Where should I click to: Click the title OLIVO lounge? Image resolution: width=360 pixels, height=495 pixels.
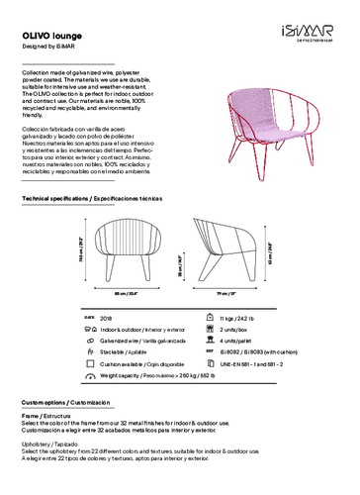click(51, 35)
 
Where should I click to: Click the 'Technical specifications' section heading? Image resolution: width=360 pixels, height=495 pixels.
click(90, 199)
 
